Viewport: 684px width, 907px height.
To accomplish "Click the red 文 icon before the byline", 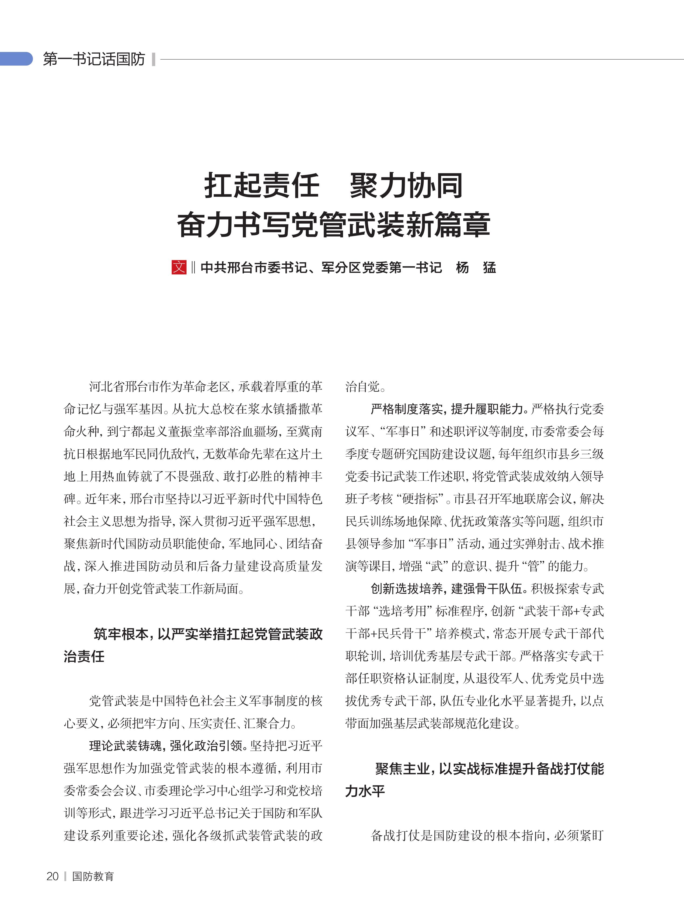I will pos(179,267).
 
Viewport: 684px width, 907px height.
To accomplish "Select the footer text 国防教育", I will pos(93,876).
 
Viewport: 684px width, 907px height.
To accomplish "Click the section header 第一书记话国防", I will pos(94,59).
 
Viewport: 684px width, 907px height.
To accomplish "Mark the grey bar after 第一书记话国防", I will pos(153,59).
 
